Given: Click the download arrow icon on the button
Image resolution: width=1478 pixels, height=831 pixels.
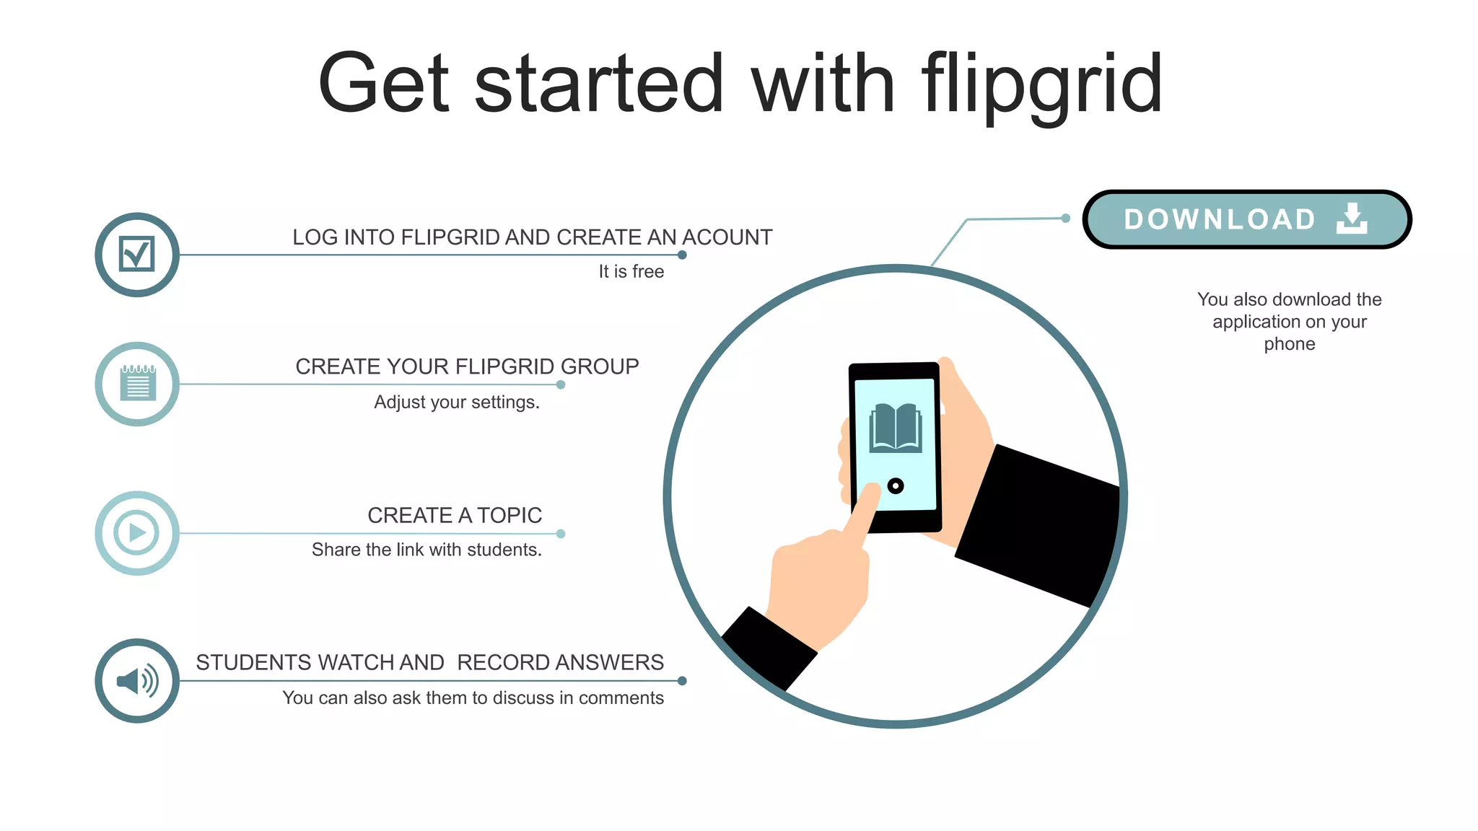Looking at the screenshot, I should click(x=1351, y=219).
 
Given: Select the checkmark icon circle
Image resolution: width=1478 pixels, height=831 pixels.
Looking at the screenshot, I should click(x=137, y=255).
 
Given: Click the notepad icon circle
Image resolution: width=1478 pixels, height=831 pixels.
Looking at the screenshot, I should click(x=137, y=384).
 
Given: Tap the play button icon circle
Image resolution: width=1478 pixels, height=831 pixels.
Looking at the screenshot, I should click(x=137, y=533).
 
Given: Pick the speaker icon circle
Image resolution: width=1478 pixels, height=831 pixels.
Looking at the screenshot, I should click(x=137, y=680).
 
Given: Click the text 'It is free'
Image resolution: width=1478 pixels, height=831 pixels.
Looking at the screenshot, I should click(x=631, y=272).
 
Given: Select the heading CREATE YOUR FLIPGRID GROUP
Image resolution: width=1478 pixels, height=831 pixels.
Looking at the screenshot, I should click(x=467, y=366).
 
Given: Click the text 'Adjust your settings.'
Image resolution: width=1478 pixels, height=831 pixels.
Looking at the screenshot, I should click(x=456, y=402).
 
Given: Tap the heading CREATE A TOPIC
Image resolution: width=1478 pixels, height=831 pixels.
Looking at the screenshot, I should click(x=455, y=515).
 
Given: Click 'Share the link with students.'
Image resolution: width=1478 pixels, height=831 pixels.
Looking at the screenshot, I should click(x=427, y=550).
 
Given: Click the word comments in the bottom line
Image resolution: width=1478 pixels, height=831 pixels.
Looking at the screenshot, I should click(x=621, y=698).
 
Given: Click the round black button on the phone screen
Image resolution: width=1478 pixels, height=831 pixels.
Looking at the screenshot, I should click(x=896, y=485).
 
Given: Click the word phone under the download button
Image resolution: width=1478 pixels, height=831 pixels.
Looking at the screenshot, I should click(x=1289, y=344).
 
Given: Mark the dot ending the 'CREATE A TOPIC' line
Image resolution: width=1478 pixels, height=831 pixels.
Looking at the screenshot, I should click(x=561, y=534).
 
